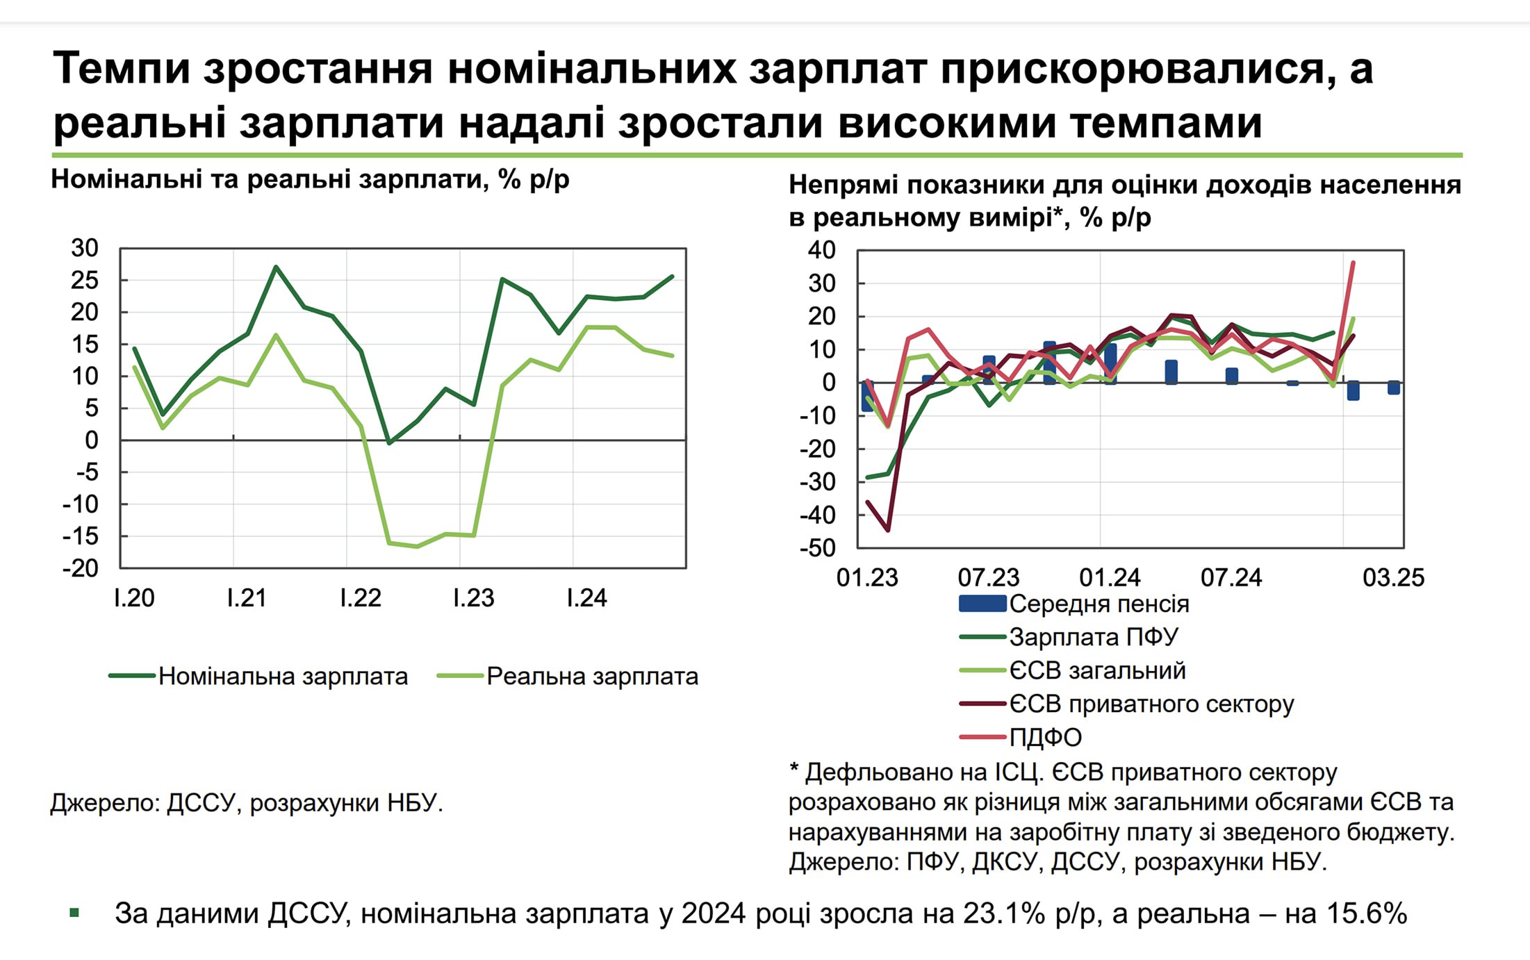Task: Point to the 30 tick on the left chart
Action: pyautogui.click(x=85, y=248)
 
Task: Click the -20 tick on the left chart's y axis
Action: pyautogui.click(x=81, y=568)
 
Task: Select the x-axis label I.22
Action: pyautogui.click(x=360, y=598)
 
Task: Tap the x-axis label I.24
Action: pyautogui.click(x=586, y=598)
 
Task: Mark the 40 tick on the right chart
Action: pyautogui.click(x=821, y=250)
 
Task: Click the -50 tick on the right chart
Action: pyautogui.click(x=818, y=548)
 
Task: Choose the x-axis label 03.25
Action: pyautogui.click(x=1393, y=578)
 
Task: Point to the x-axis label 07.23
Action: pyautogui.click(x=988, y=578)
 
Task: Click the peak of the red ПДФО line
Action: pyautogui.click(x=1353, y=263)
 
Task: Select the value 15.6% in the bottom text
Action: pyautogui.click(x=1367, y=914)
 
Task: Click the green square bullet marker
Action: pyautogui.click(x=74, y=913)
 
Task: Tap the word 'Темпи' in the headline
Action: pyautogui.click(x=122, y=69)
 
